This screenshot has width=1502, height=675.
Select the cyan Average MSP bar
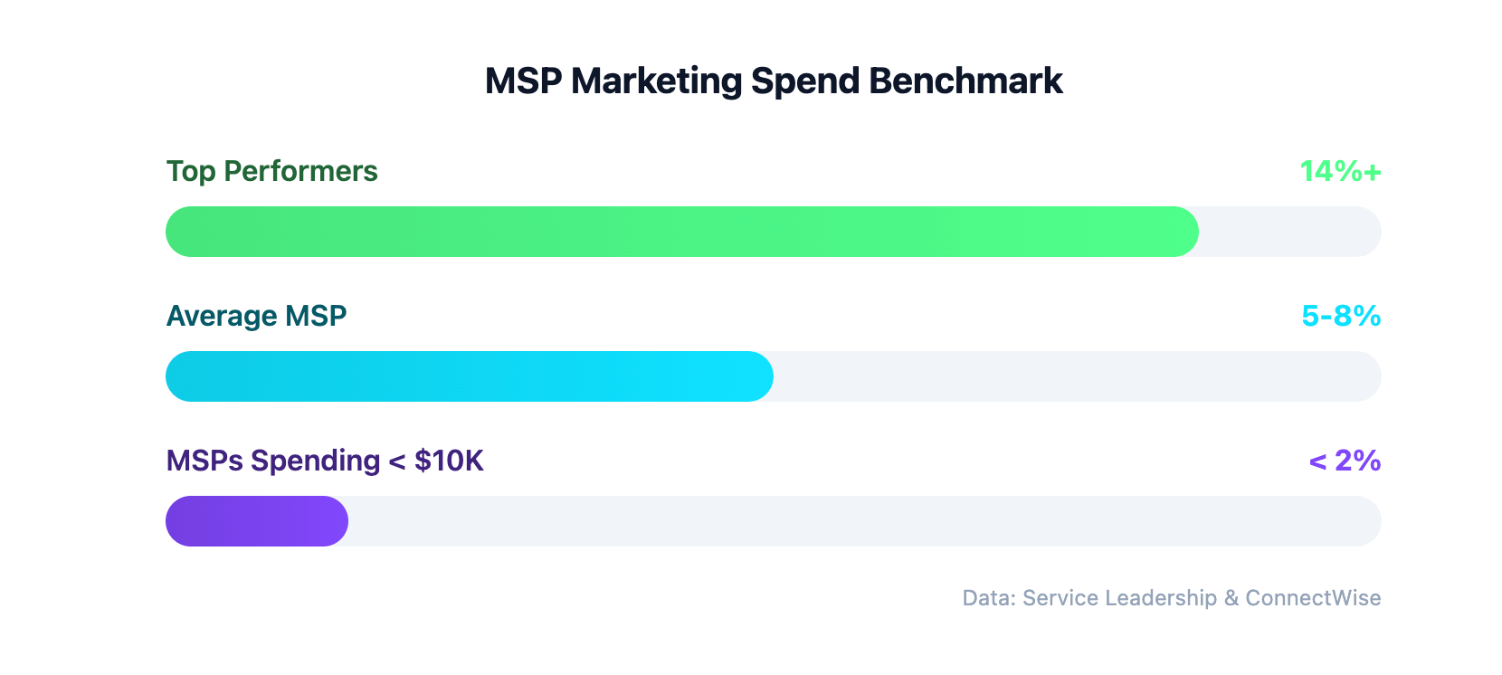tap(469, 376)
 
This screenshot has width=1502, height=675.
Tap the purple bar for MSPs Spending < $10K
tap(257, 521)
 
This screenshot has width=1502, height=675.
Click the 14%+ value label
tap(1340, 171)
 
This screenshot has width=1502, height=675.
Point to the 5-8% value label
tap(1341, 316)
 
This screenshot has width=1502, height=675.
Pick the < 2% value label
tap(1345, 461)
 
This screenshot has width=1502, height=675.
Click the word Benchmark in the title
tap(965, 81)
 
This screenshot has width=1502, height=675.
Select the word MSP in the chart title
tap(523, 81)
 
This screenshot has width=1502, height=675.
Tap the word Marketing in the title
tap(657, 81)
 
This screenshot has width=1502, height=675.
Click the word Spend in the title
tap(805, 81)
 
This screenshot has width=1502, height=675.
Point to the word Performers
tap(300, 171)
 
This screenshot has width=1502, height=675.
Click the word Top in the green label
tap(191, 172)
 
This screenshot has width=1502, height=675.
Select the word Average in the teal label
tap(222, 316)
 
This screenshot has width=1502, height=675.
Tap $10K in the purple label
tap(449, 461)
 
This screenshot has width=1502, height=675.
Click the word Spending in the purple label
tap(315, 461)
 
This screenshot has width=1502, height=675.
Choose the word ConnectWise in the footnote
tap(1313, 598)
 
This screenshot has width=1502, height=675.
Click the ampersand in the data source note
tap(1231, 598)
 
